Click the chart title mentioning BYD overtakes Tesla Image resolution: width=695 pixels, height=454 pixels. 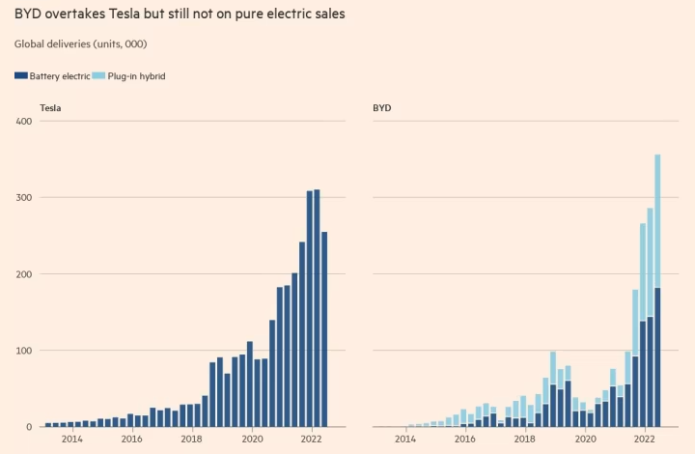pos(180,14)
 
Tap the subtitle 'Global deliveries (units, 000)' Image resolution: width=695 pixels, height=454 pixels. pos(81,43)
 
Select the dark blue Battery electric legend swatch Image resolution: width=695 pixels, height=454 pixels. pos(21,75)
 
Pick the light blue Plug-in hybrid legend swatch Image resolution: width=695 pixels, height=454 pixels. pos(98,75)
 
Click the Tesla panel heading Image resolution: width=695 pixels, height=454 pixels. pos(50,108)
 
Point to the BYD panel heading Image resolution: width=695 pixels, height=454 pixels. pos(382,108)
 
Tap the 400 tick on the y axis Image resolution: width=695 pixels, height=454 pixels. pos(24,121)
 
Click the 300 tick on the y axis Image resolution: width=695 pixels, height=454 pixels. pos(24,198)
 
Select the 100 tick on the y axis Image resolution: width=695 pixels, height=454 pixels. pos(24,351)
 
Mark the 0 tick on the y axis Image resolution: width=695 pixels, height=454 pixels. pos(29,427)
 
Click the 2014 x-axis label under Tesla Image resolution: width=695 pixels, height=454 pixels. pos(71,439)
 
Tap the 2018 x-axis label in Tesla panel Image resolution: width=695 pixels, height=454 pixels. pos(191,439)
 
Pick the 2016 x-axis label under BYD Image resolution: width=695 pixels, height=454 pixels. pos(465,439)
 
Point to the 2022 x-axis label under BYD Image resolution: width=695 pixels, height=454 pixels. pos(645,439)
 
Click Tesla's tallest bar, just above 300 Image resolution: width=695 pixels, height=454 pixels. pos(317,308)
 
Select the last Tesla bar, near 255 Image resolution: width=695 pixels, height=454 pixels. pos(324,329)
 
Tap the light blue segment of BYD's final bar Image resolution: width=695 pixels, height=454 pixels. pos(657,221)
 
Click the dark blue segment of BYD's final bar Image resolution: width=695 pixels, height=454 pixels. pos(657,357)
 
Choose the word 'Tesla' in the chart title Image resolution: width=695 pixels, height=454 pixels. pos(125,14)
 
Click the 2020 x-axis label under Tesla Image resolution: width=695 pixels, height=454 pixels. pos(252,439)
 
